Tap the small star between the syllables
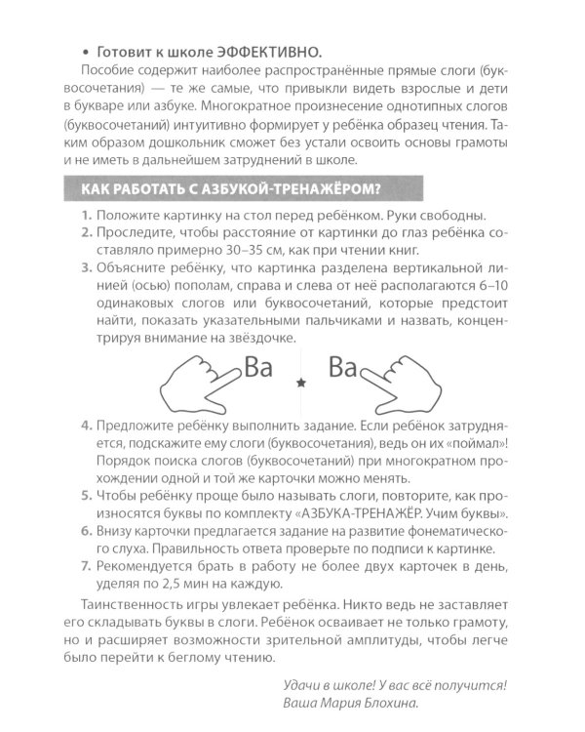300,385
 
